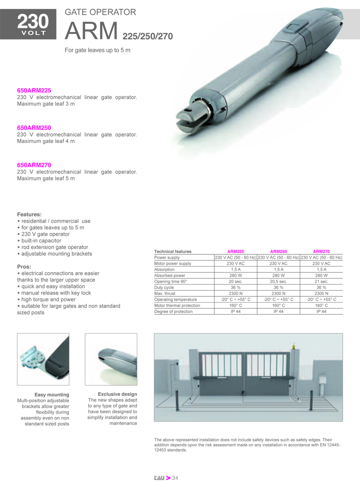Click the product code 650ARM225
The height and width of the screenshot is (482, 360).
34,90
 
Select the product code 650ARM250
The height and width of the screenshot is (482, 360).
34,128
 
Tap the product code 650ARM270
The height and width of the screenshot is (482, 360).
34,165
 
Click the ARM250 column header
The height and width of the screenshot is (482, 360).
278,252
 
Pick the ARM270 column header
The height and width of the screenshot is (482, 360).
321,252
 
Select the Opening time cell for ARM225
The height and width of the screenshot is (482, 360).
236,282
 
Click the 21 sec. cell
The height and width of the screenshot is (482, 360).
321,282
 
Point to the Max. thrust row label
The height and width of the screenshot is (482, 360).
165,294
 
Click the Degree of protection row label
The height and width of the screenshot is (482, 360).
174,312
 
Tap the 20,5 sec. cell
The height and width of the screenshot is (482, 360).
278,282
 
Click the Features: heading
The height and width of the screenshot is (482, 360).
29,214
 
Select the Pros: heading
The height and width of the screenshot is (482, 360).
24,266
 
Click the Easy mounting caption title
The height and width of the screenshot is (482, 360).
52,395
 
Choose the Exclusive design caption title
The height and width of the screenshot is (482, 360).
117,394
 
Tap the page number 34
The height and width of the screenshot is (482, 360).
175,478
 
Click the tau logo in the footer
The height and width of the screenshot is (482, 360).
159,478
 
